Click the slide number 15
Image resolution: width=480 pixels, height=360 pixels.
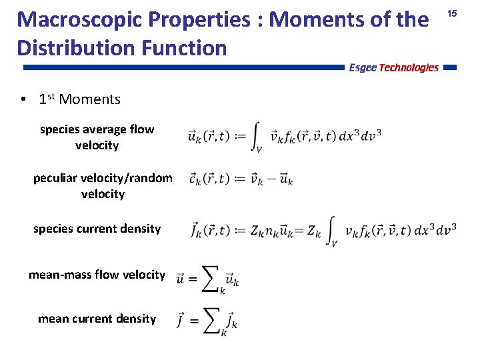pyautogui.click(x=452, y=13)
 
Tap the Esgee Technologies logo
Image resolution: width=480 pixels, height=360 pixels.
pyautogui.click(x=394, y=67)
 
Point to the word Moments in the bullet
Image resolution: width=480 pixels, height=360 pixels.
pyautogui.click(x=89, y=99)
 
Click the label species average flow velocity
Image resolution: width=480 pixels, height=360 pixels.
pyautogui.click(x=97, y=137)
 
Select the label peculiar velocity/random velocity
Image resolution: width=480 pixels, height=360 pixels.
pyautogui.click(x=103, y=186)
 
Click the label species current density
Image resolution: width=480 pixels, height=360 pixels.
pyautogui.click(x=97, y=229)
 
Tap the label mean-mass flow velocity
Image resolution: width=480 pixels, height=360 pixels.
pyautogui.click(x=97, y=274)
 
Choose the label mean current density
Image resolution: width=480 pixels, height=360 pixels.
pyautogui.click(x=97, y=319)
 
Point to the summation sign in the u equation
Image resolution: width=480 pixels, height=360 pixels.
pyautogui.click(x=211, y=277)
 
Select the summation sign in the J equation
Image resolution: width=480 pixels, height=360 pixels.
pyautogui.click(x=211, y=321)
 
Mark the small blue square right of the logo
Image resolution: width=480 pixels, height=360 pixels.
pyautogui.click(x=449, y=67)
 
